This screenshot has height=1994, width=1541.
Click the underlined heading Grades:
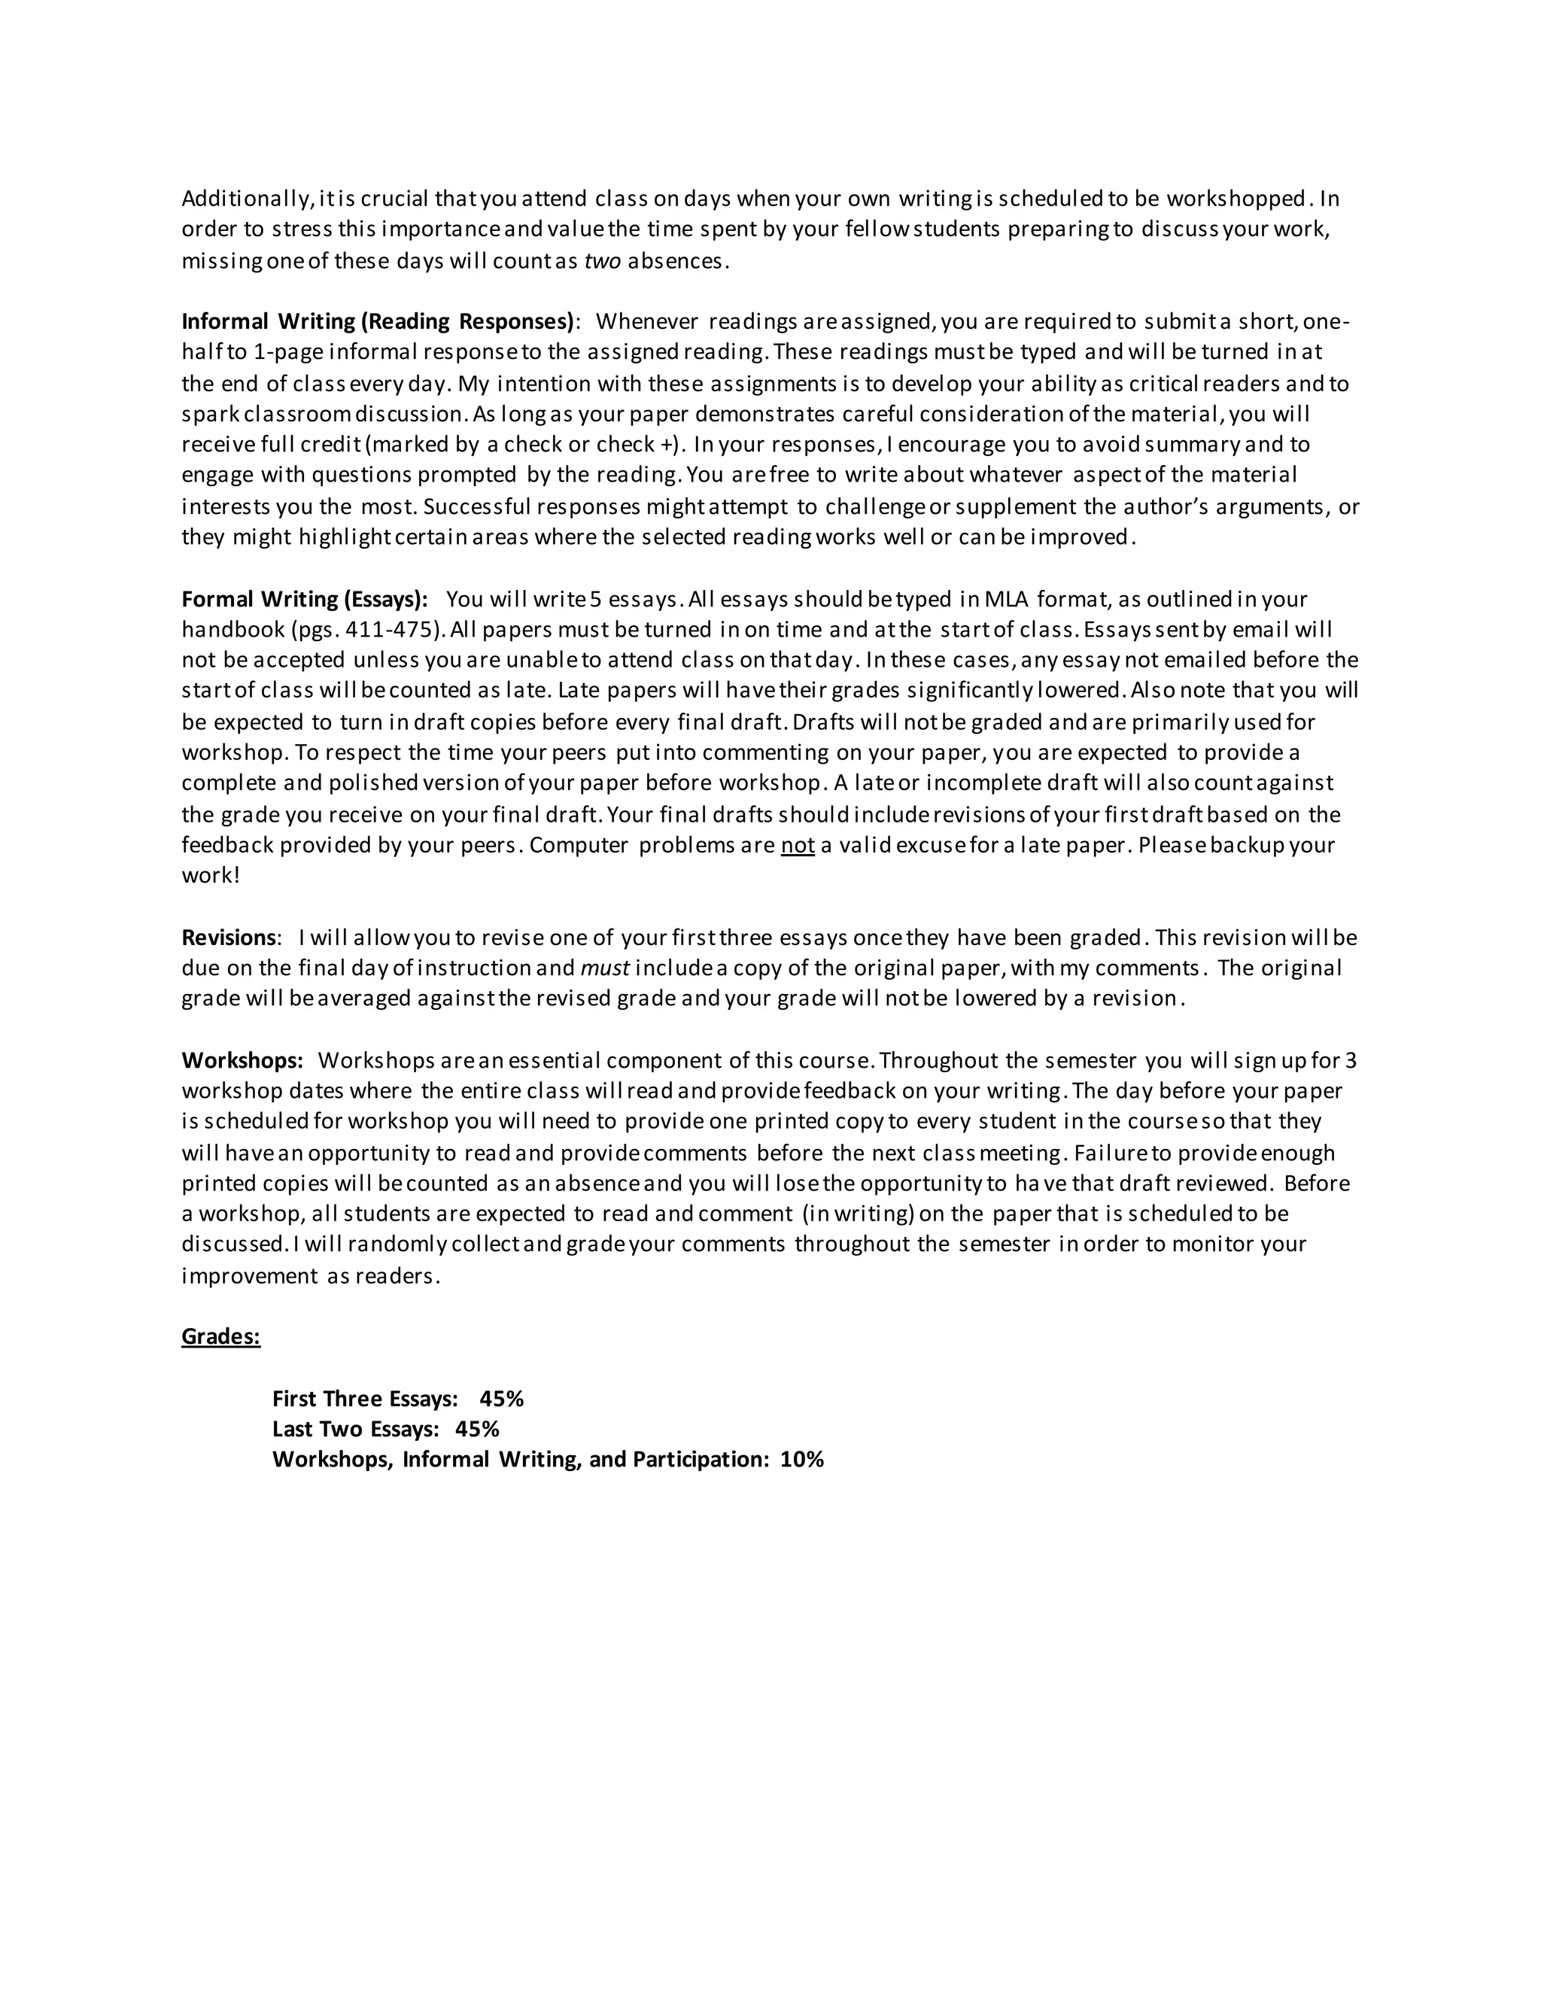coord(221,1336)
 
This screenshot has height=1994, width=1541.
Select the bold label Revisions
coord(228,938)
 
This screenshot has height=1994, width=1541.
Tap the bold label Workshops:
coord(242,1061)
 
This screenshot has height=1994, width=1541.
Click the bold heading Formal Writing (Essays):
coord(304,600)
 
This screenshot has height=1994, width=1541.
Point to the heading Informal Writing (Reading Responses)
coord(378,321)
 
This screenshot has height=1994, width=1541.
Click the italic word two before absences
coord(603,261)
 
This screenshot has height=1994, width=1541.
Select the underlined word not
coord(797,846)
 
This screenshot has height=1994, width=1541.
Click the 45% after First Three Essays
coord(501,1399)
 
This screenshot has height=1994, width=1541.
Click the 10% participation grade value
coord(801,1459)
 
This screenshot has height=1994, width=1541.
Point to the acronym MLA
coord(1007,600)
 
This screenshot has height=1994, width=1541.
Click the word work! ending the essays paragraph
coord(211,876)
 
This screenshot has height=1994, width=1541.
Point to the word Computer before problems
coord(579,846)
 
